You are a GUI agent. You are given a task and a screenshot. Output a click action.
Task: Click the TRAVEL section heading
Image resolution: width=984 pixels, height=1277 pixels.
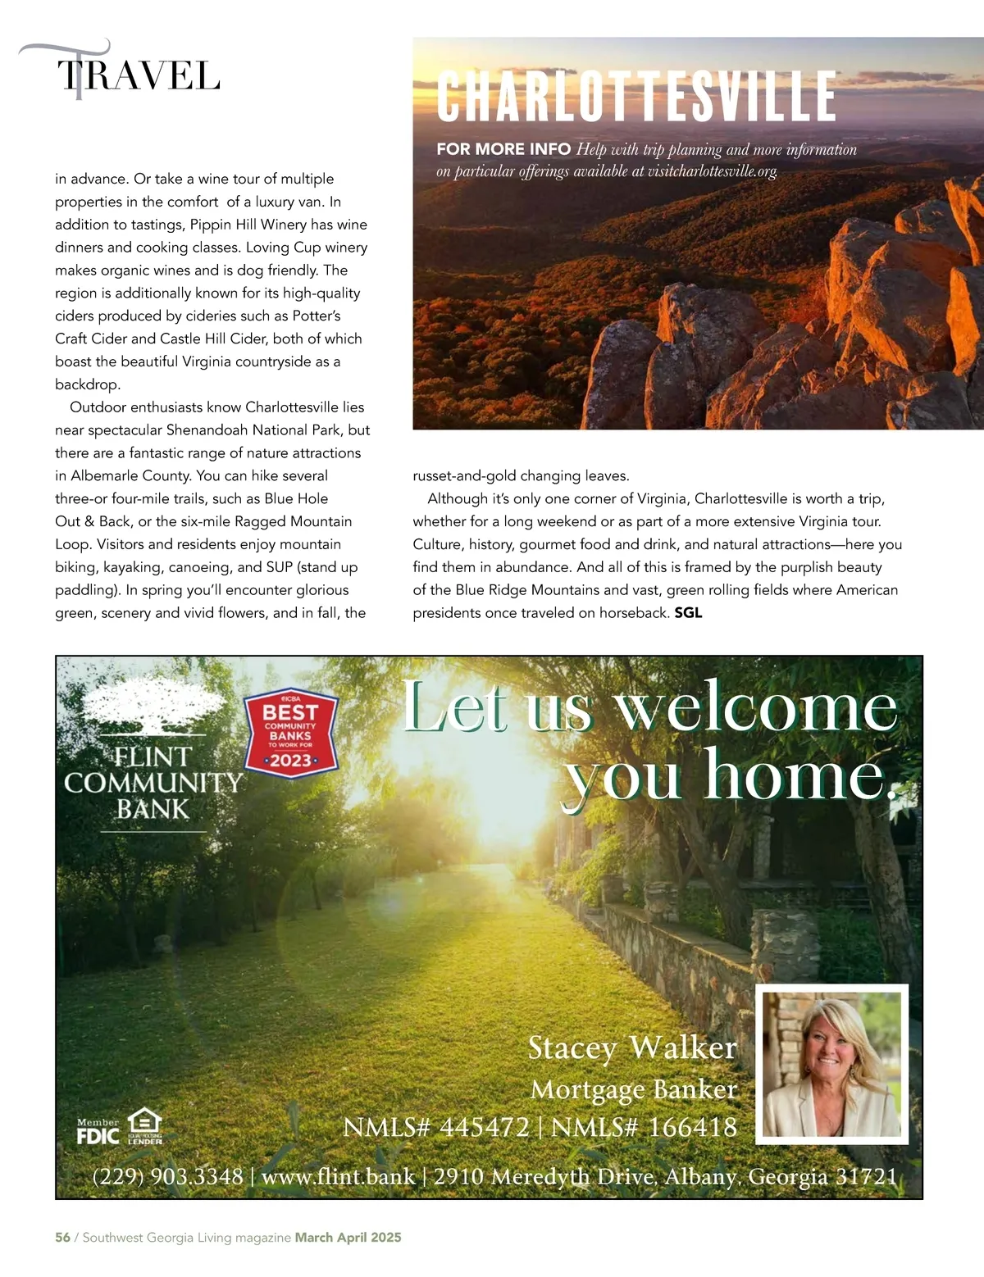coord(138,75)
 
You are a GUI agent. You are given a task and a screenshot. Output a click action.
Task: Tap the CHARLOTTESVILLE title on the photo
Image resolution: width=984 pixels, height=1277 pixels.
coord(635,97)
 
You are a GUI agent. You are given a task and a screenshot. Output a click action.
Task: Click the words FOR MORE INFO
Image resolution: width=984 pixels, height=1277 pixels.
coord(503,149)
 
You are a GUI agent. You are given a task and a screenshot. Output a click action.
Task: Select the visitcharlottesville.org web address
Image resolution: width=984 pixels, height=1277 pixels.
coord(712,171)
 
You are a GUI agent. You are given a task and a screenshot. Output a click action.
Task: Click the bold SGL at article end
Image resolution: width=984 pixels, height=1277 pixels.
coord(688,612)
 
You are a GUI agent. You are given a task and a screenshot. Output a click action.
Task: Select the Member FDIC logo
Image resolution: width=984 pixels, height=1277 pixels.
coord(98,1132)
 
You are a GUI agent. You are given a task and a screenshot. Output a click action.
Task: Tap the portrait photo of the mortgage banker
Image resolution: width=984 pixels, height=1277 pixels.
coord(831,1063)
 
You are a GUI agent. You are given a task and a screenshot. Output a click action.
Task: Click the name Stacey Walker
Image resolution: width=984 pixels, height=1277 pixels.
coord(632,1048)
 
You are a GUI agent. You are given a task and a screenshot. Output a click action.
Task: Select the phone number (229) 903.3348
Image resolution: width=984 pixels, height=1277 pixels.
coord(168,1176)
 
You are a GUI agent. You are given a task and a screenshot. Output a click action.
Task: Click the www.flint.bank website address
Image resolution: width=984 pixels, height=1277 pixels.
coord(338,1176)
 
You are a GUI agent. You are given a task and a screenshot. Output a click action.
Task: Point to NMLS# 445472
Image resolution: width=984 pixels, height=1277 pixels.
coord(436,1127)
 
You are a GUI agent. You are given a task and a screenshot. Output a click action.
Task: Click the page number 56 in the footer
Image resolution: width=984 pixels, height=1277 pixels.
coord(62,1237)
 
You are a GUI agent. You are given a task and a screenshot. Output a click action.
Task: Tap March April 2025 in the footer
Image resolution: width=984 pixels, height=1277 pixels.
coord(348,1237)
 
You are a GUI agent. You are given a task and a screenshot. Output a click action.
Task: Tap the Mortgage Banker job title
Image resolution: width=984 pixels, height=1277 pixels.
coord(634,1089)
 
